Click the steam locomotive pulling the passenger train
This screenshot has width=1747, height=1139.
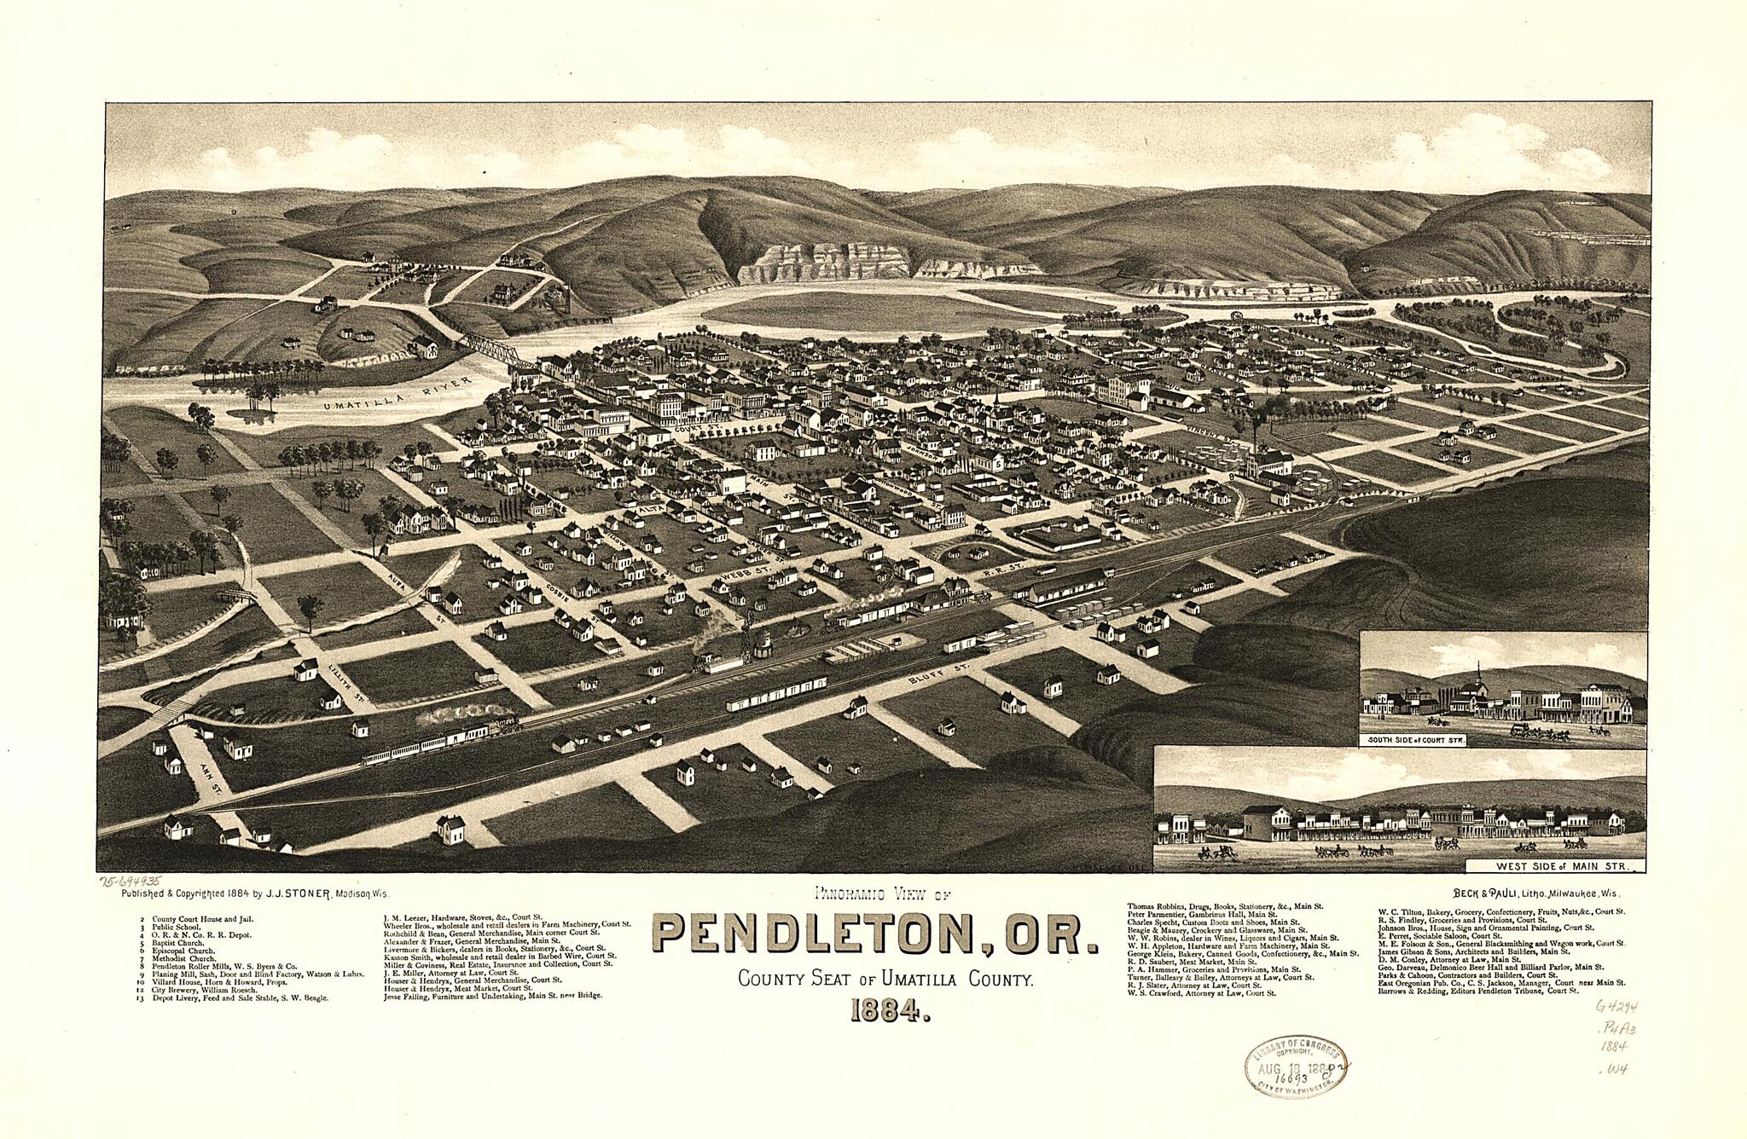click(x=503, y=726)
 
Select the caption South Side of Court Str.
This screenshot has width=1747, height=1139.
click(x=1416, y=740)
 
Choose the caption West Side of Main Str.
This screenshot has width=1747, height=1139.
click(x=1556, y=866)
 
